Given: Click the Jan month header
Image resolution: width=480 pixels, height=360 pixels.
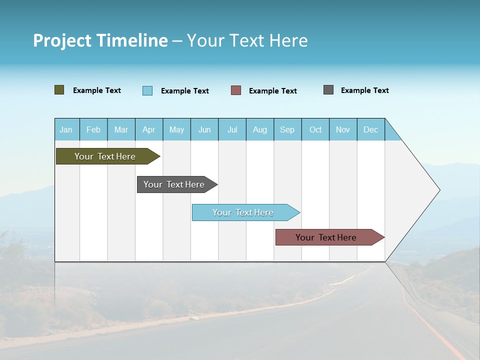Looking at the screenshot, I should (66, 130).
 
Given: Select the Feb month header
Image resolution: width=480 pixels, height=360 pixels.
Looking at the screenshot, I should (93, 130).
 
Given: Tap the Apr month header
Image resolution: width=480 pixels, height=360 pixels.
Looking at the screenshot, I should (149, 130).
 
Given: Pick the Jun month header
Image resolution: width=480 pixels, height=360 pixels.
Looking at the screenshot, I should (204, 130).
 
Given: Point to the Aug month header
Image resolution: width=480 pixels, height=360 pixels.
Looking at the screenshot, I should (260, 130).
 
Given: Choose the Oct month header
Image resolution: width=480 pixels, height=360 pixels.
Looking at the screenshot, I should (315, 130).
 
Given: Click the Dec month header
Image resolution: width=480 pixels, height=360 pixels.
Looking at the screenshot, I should (371, 130).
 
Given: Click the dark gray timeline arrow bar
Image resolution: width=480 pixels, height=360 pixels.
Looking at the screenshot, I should (175, 184).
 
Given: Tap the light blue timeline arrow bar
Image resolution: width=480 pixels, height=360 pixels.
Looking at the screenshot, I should (244, 212).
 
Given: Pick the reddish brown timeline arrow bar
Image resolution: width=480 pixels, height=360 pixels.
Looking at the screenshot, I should (327, 237).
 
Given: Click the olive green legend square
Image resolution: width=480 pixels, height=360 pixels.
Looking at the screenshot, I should (59, 90).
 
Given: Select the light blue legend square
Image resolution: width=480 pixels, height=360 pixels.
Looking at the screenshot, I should (147, 90).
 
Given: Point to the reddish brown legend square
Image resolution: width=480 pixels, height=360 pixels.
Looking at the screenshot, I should (236, 90).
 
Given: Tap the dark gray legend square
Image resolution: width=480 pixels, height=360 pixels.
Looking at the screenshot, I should (328, 90).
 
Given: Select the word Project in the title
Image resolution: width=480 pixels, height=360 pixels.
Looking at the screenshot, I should (61, 40).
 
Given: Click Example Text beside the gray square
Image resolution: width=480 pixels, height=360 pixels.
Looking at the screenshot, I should (365, 90).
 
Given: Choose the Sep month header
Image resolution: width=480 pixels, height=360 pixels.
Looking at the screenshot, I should (287, 130).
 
